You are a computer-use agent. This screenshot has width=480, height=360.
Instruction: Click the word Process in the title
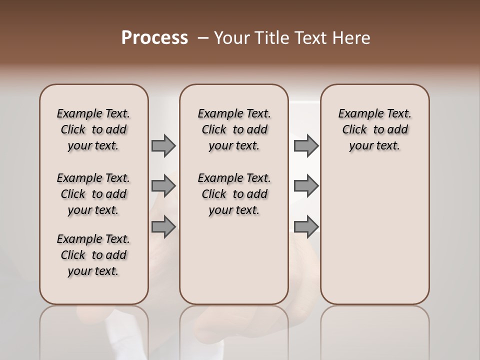tap(154, 38)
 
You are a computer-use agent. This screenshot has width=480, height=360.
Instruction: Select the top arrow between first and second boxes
tap(163, 146)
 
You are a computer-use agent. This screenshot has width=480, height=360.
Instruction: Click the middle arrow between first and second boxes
tap(163, 186)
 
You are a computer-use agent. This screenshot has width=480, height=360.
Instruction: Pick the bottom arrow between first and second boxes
tap(163, 226)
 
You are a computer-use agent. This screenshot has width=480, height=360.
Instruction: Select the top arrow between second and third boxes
tap(306, 146)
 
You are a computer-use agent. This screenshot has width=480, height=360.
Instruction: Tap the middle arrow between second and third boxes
tap(306, 186)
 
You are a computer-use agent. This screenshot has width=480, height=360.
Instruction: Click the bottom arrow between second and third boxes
tap(306, 226)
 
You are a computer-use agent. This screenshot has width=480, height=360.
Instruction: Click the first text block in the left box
tap(93, 129)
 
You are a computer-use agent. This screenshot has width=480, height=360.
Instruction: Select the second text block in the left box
tap(93, 194)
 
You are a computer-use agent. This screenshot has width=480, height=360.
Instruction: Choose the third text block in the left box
tap(93, 255)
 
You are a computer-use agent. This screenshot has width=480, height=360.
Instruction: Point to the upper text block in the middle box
tap(234, 129)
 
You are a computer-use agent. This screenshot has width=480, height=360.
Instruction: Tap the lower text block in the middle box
tap(234, 194)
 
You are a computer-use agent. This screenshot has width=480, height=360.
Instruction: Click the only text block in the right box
tap(374, 129)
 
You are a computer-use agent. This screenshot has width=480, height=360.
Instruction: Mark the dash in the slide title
tap(203, 38)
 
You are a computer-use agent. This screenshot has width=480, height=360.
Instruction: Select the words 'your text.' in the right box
tap(374, 146)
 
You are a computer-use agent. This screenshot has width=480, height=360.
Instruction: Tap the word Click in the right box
tap(354, 130)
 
